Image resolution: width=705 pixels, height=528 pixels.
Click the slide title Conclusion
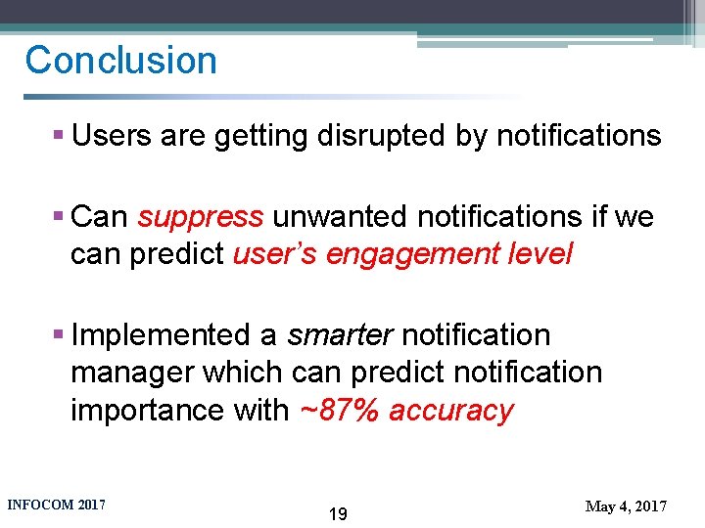click(120, 61)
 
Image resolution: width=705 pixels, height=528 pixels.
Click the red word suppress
click(201, 217)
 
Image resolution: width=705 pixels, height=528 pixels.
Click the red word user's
click(275, 254)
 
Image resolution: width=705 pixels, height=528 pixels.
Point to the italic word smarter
click(340, 335)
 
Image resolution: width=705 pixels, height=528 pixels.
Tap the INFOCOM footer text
click(56, 505)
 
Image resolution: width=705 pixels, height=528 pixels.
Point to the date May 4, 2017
click(626, 506)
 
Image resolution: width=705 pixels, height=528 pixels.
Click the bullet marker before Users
click(60, 137)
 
